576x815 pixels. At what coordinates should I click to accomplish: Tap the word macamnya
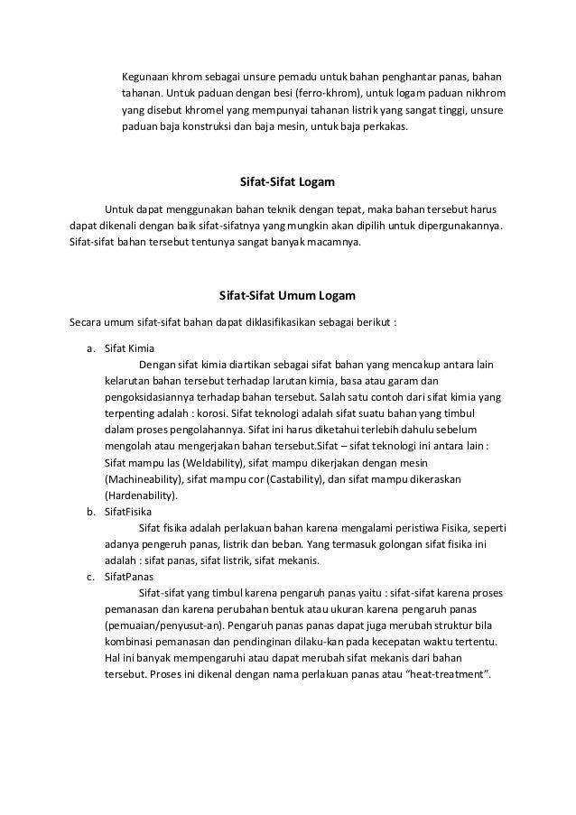point(331,244)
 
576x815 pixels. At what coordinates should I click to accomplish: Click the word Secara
point(87,323)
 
